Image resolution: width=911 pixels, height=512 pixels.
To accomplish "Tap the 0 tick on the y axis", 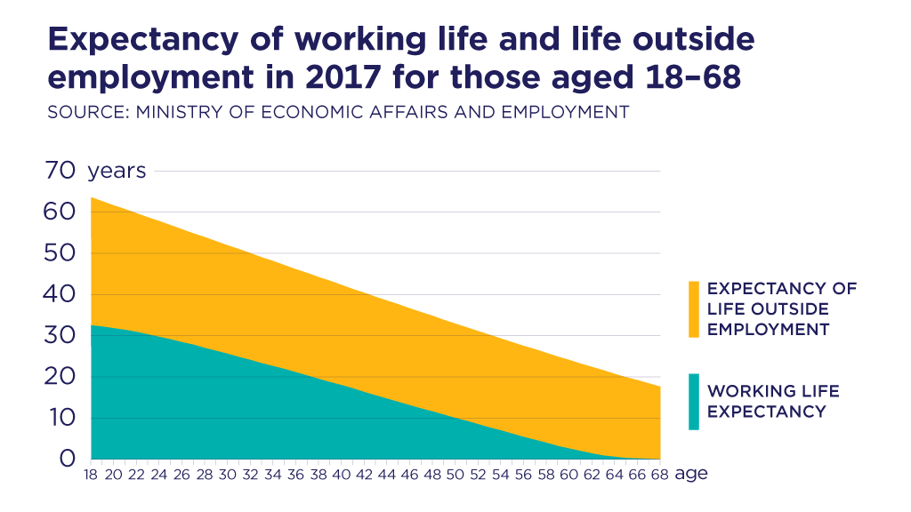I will coord(68,460).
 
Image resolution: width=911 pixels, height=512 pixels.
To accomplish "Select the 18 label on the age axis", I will coord(91,475).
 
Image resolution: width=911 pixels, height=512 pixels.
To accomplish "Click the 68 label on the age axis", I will coord(659,475).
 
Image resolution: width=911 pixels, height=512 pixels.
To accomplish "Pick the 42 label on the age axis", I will coord(364,475).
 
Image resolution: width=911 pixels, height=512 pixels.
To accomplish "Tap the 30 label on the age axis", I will coord(227,475).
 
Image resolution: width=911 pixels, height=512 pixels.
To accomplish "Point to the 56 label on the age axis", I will coord(523,475).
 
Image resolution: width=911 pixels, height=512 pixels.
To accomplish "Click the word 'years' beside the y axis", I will coord(117,171).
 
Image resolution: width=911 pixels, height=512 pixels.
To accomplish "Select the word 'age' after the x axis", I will coord(691,474).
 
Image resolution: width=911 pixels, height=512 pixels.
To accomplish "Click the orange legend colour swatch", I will coord(694,309).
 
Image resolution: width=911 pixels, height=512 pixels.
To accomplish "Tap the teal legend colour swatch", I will coord(694,402).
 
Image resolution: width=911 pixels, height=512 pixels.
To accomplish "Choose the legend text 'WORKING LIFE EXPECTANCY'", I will coord(773,402).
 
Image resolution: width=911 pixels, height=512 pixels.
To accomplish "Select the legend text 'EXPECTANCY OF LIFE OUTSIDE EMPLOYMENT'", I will coord(781,309).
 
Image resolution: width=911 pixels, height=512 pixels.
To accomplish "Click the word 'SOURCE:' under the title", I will coord(84,113).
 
